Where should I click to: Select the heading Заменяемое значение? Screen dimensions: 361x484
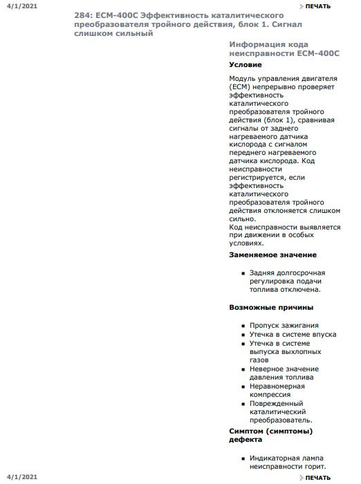click(272, 255)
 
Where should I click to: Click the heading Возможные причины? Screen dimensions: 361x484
click(271, 307)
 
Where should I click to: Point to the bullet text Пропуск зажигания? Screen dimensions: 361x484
click(284, 326)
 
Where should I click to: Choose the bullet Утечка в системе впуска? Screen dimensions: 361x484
click(293, 335)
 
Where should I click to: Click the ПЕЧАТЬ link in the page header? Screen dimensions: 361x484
click(317, 6)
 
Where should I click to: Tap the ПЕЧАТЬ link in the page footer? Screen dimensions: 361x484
click(317, 478)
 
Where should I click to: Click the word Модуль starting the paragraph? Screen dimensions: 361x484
click(243, 80)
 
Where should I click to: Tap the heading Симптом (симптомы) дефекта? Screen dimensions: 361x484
click(270, 435)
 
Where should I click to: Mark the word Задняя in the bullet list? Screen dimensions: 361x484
click(263, 273)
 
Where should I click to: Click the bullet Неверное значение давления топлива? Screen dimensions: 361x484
click(282, 373)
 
